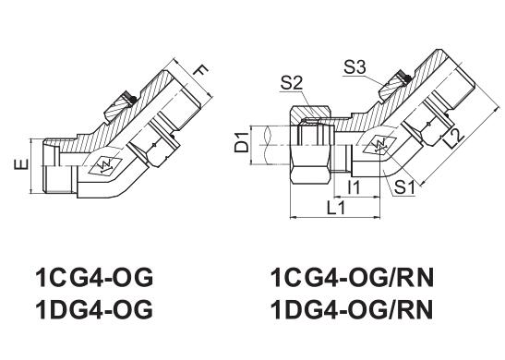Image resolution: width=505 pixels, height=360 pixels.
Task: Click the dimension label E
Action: point(21,164)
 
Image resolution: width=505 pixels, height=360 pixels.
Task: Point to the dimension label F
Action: point(201,70)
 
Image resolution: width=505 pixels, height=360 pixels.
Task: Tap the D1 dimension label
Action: point(242,142)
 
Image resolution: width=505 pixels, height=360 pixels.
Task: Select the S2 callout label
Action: point(292,82)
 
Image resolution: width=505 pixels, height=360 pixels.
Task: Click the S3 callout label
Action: point(355,67)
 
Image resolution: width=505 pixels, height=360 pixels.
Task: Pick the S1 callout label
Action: point(404,187)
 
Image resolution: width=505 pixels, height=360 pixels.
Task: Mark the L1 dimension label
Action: point(336,208)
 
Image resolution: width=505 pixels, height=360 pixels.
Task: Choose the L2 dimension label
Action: point(456,138)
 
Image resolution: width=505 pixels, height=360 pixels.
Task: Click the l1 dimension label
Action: point(354,186)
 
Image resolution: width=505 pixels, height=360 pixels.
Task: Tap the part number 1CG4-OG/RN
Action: point(352,278)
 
